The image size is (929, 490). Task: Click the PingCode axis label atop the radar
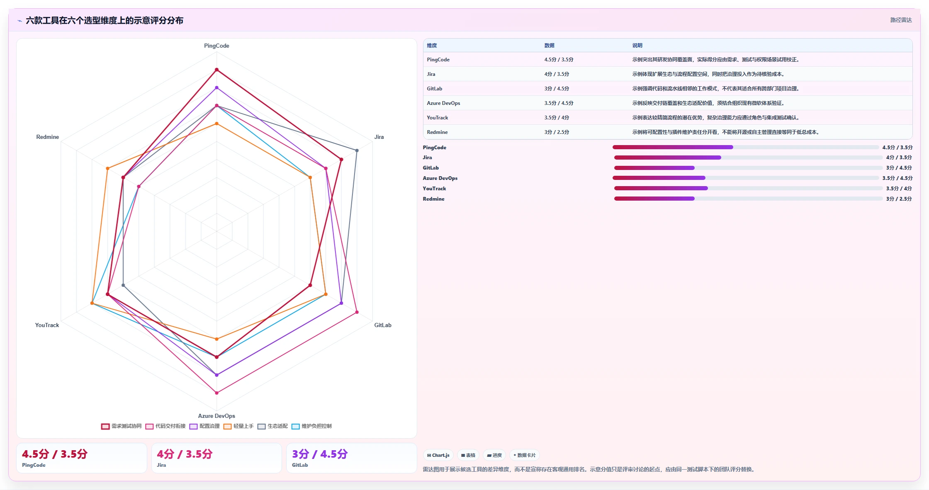(x=216, y=46)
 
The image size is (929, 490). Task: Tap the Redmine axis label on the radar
(x=48, y=137)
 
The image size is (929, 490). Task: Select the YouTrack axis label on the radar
(x=47, y=325)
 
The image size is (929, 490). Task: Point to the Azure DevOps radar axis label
(x=216, y=416)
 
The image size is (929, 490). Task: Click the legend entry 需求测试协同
(x=122, y=426)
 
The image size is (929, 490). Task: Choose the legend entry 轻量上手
(x=238, y=426)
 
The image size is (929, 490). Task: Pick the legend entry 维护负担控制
(x=312, y=426)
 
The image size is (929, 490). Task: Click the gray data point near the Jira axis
(x=357, y=150)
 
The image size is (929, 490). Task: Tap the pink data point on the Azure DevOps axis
(x=216, y=393)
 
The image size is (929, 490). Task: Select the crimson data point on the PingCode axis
(x=216, y=70)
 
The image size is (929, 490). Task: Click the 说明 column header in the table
(x=637, y=46)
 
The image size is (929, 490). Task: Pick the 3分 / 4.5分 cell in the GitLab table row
(x=557, y=89)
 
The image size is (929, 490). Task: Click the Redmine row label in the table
(x=437, y=132)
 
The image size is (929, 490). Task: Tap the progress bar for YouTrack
(x=748, y=188)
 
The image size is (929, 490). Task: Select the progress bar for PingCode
(x=746, y=147)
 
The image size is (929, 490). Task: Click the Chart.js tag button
(x=438, y=455)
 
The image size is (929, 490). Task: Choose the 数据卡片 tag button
(x=525, y=455)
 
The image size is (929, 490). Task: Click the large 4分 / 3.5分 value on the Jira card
(x=185, y=454)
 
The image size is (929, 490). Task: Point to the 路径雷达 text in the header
(x=901, y=20)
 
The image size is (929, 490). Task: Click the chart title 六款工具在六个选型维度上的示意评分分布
(x=105, y=20)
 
